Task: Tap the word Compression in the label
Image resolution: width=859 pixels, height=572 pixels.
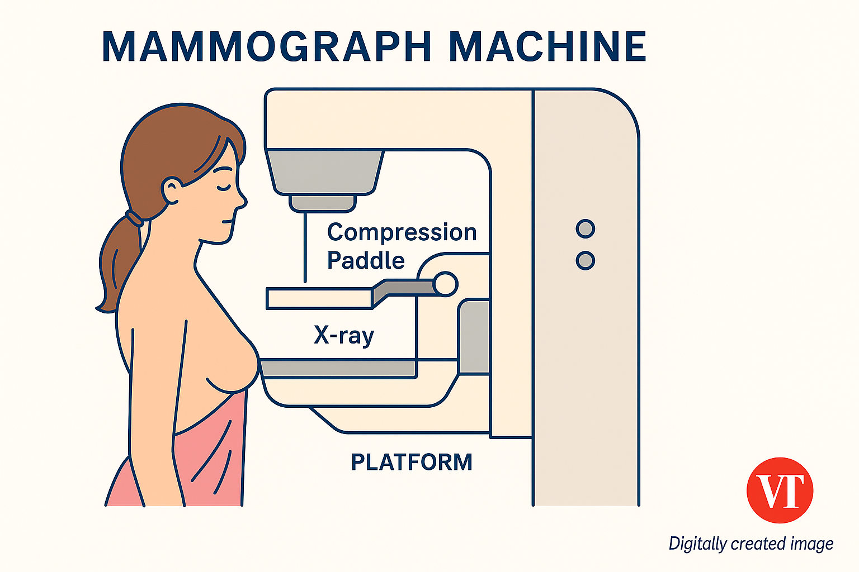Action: [x=402, y=232]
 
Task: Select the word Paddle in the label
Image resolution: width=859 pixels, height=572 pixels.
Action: [x=366, y=260]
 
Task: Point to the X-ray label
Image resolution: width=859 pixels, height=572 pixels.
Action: [x=343, y=335]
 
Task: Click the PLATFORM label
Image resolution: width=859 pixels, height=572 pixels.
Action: [x=412, y=463]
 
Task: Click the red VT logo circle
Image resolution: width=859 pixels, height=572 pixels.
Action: [x=780, y=490]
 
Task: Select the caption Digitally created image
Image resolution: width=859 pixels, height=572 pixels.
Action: [x=751, y=544]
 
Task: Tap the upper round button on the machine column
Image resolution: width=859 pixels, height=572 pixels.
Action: [x=585, y=228]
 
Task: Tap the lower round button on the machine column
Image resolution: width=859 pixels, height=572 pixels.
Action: [x=585, y=261]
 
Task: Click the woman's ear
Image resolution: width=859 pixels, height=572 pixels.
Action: [x=171, y=190]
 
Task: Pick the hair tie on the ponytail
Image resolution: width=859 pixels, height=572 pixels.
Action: [x=134, y=218]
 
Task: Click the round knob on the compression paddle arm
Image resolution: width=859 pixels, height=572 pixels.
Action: [x=445, y=284]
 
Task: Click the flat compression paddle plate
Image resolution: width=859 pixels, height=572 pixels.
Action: [x=319, y=298]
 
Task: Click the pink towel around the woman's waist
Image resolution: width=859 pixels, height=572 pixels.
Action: [x=207, y=458]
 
